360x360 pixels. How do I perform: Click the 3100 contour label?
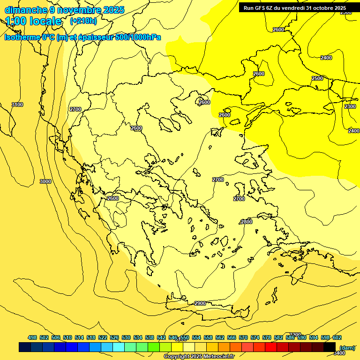pos(17,105)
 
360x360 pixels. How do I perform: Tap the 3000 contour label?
pos(45,181)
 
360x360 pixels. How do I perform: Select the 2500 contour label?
pos(317,78)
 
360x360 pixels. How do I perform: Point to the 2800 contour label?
pos(247,222)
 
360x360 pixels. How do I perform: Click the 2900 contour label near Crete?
pos(200,303)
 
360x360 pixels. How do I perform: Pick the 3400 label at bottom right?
pos(339,353)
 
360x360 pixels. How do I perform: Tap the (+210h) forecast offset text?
pos(83,21)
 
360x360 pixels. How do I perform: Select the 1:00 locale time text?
pos(34,22)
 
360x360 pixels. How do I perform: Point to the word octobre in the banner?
pos(321,8)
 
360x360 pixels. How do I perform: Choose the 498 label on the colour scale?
pos(32,337)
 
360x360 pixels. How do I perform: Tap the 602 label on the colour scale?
pos(337,337)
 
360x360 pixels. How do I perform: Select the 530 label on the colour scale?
pos(126,337)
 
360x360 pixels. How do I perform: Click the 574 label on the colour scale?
pos(255,337)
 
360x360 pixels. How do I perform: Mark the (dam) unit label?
pos(347,347)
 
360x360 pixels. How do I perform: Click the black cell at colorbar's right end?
pos(330,347)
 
